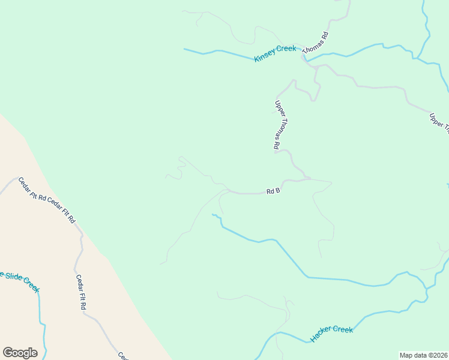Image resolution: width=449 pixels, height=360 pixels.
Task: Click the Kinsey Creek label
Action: (276, 53)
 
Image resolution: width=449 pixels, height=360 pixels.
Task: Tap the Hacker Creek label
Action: (331, 334)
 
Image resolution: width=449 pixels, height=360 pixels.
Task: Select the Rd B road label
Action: (274, 191)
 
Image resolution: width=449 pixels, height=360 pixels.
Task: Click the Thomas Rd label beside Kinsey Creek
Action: (317, 44)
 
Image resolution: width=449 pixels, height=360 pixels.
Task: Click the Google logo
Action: (20, 353)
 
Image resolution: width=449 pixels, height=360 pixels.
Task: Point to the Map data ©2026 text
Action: (423, 355)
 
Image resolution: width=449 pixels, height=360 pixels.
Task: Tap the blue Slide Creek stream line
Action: (40, 309)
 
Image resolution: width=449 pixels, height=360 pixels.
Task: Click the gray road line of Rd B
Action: (246, 193)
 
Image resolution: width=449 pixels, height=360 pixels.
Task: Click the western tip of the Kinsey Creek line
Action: (184, 49)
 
